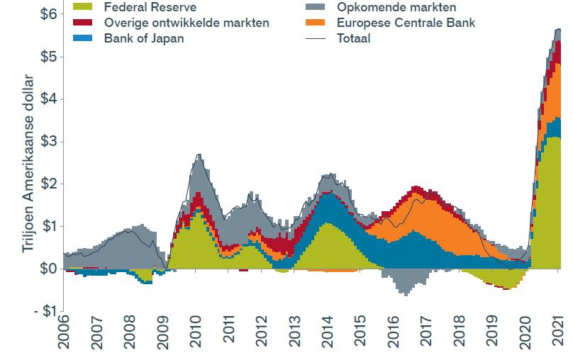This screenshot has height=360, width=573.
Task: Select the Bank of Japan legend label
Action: (143, 38)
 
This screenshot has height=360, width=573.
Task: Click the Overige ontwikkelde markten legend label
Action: (187, 23)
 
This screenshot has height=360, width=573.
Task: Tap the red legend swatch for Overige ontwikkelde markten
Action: (84, 23)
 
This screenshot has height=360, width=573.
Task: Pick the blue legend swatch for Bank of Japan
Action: (84, 38)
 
